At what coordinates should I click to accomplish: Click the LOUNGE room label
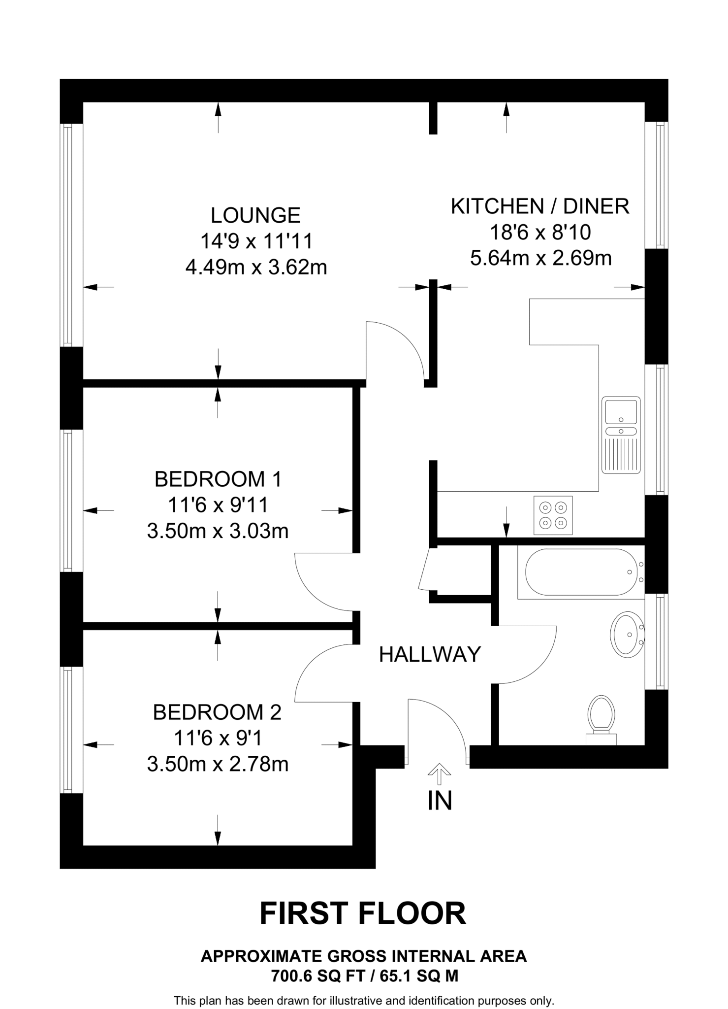coord(255,216)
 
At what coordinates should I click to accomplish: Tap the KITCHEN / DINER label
coord(540,206)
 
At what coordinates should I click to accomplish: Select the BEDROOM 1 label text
coord(218,479)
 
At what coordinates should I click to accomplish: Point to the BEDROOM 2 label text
coord(217,712)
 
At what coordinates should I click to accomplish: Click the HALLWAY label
coord(430,654)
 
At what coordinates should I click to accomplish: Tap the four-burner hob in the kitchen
coord(553,515)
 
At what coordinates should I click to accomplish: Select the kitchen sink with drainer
coord(621,436)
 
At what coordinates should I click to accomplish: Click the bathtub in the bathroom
coord(581,572)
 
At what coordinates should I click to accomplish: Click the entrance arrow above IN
coord(439,774)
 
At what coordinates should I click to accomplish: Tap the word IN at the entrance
coord(440,801)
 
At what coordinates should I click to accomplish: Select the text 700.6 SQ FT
coord(318,975)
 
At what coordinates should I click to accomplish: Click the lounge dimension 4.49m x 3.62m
coord(256,268)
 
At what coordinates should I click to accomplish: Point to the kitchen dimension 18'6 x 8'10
coord(540,232)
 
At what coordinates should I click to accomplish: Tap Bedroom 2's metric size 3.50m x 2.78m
coord(218,764)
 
